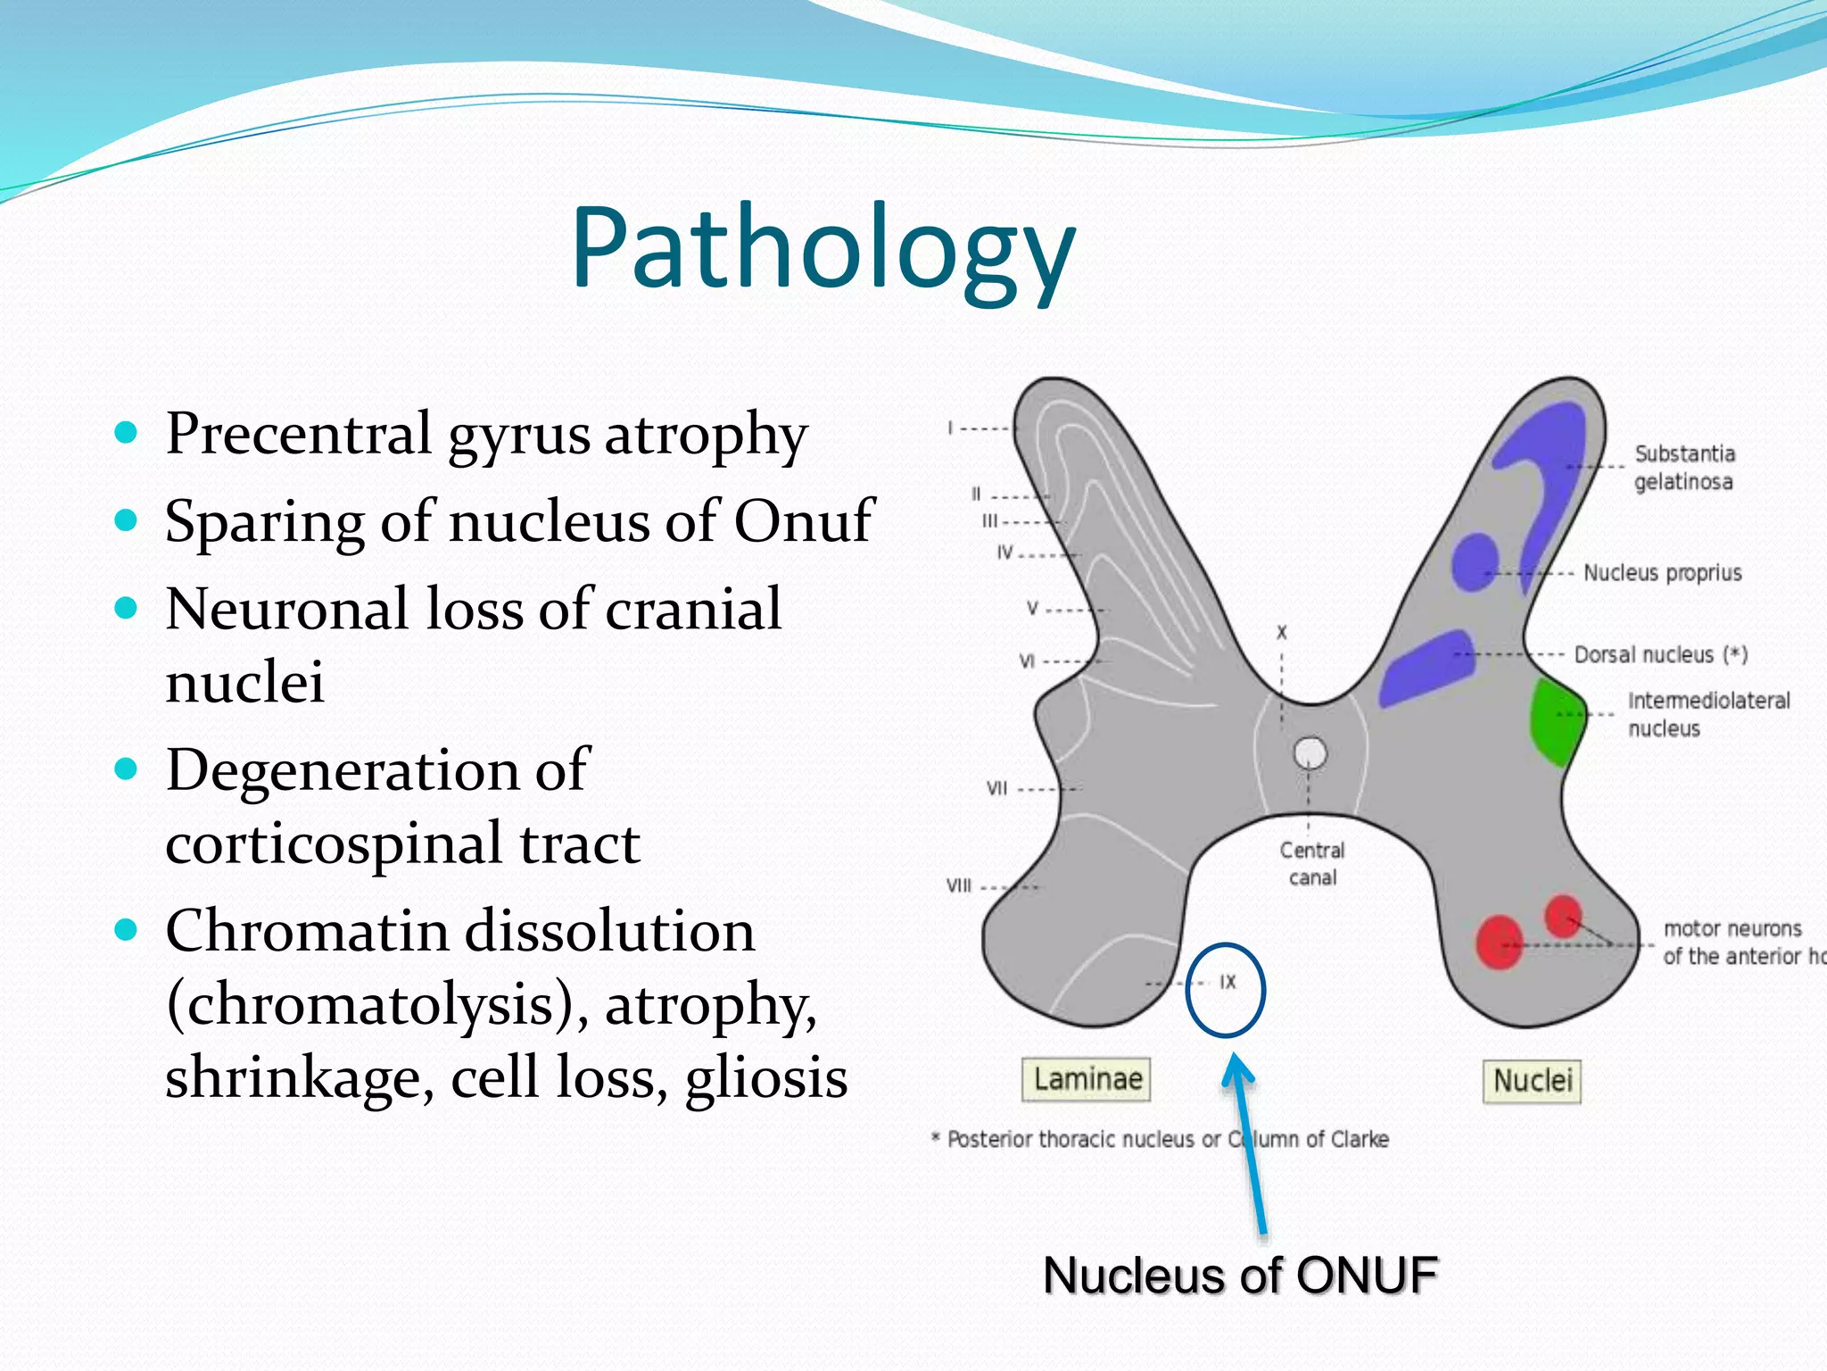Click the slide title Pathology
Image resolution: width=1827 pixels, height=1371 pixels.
pos(823,249)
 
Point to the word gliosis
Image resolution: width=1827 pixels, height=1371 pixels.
pos(765,1077)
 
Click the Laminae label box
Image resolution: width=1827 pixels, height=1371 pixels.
pos(1087,1079)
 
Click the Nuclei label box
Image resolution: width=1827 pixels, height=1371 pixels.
pos(1532,1081)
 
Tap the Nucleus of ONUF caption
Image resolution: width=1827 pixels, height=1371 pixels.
pos(1240,1275)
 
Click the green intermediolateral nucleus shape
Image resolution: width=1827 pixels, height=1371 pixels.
pos(1554,721)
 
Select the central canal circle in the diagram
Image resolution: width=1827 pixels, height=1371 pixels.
pos(1310,752)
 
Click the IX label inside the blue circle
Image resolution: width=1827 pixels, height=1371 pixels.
pos(1228,982)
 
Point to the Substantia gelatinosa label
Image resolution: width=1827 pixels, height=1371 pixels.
pos(1683,468)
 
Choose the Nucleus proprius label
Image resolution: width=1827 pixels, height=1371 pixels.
pos(1662,573)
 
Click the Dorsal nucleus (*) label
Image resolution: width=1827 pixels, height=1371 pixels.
pos(1660,655)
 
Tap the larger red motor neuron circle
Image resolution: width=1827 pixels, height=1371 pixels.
pos(1499,943)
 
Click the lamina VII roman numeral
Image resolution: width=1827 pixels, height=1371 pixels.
pos(996,788)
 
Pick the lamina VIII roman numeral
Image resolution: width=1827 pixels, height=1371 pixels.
pos(959,886)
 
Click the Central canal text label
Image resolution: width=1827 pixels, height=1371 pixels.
pos(1311,863)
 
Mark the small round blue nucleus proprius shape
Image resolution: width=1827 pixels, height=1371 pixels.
pos(1473,562)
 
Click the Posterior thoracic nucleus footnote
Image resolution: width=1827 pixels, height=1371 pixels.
pos(1160,1140)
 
